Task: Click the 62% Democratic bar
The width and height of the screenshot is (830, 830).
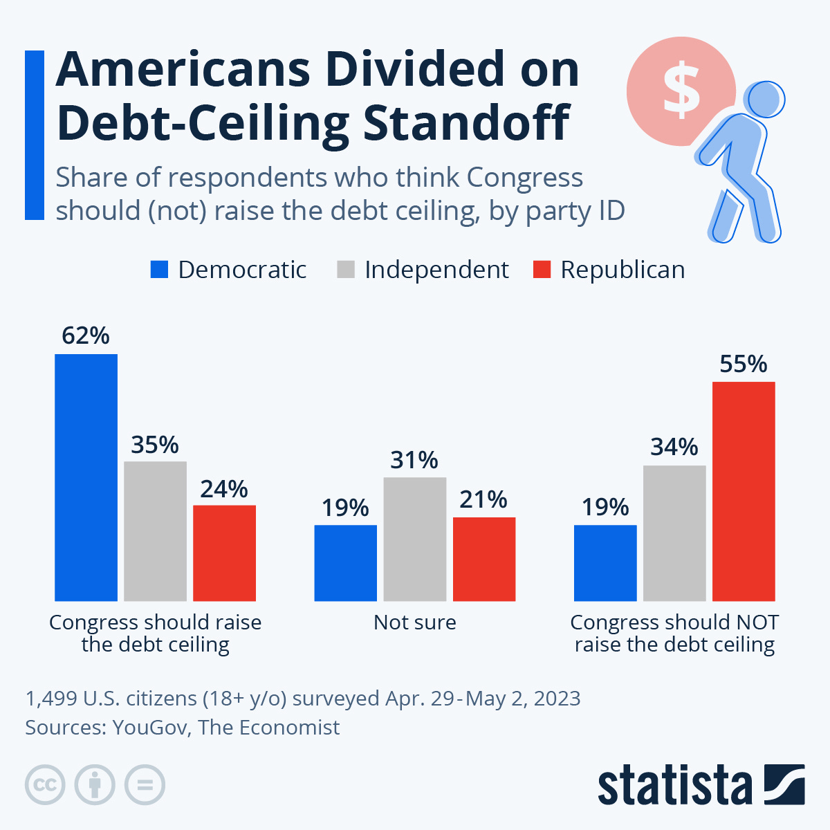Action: pos(86,477)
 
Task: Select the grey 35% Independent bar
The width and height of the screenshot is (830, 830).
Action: pos(155,531)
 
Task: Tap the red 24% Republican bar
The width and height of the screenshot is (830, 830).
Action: pos(224,553)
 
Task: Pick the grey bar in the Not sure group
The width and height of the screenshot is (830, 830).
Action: pos(414,539)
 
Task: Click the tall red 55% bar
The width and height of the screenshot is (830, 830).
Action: pos(744,491)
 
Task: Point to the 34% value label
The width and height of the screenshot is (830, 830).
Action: pos(674,448)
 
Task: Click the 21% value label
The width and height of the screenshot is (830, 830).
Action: pos(483,499)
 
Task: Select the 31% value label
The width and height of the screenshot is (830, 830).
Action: pos(414,460)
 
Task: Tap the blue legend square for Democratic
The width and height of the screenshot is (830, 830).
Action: pos(159,270)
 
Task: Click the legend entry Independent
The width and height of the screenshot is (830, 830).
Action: pos(436,270)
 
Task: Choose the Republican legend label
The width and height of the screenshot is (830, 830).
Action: pos(622,270)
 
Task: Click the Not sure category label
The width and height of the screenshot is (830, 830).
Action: pos(414,622)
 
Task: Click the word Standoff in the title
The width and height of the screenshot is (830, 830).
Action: pos(467,122)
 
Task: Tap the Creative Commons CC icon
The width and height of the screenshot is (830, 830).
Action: pos(45,785)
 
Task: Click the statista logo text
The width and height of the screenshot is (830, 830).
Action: pos(674,786)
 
